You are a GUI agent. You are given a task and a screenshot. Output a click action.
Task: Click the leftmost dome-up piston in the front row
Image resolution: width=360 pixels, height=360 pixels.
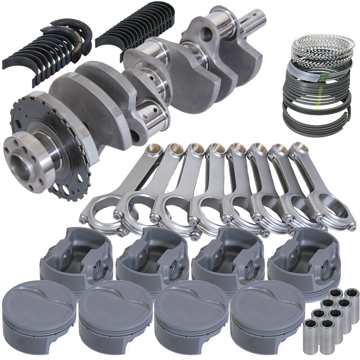tap(38, 316)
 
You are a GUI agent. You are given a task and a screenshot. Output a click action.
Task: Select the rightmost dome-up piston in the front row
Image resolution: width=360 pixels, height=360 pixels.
tap(267, 316)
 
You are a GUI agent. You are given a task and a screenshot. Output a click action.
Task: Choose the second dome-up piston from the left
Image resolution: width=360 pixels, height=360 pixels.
tap(115, 316)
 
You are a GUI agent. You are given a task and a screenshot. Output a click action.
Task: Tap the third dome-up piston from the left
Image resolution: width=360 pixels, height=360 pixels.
tap(191, 316)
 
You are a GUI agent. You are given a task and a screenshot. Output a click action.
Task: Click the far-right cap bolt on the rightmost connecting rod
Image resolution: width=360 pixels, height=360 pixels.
tap(352, 227)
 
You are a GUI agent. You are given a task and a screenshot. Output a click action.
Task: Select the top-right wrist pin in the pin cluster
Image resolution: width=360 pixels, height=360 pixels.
tap(352, 296)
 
